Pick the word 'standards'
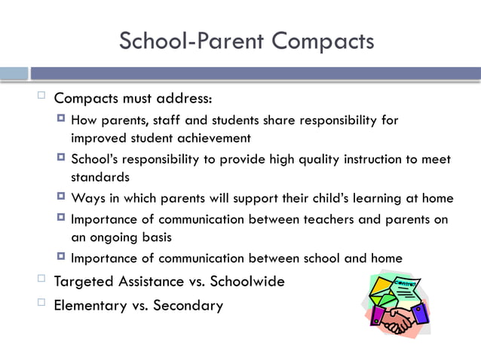(100, 178)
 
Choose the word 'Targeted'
(84, 282)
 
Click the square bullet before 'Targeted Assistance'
(41, 280)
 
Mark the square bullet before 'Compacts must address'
(41, 96)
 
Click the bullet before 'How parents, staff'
(60, 119)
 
